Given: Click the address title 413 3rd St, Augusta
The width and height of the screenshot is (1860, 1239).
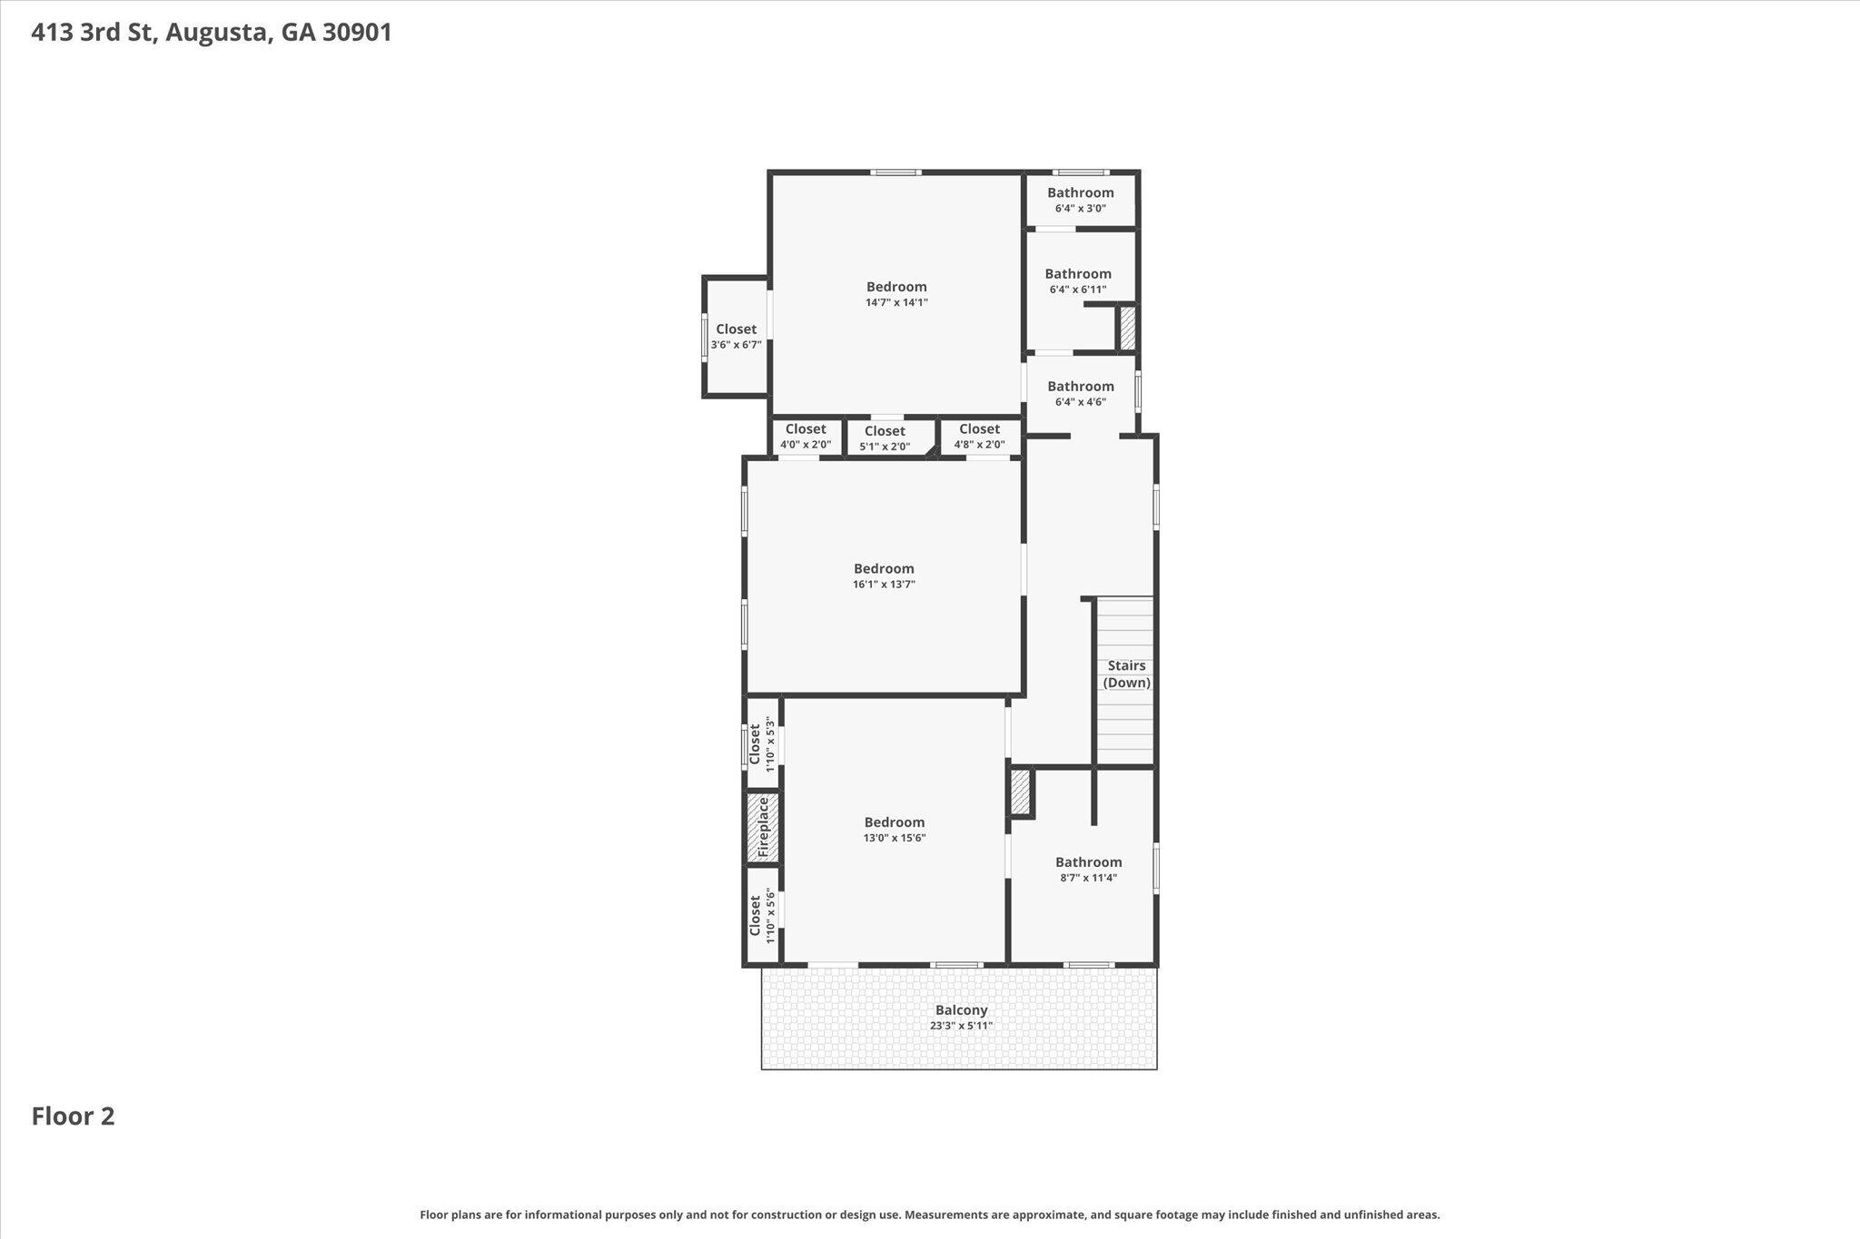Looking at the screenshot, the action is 212,33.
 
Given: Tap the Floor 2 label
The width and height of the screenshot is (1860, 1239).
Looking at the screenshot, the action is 74,1116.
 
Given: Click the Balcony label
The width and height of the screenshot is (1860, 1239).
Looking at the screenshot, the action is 961,1009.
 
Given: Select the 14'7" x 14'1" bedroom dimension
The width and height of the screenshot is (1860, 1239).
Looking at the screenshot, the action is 896,303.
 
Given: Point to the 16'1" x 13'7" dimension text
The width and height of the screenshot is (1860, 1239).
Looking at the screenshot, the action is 884,585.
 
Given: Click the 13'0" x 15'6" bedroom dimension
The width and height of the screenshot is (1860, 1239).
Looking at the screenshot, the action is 895,838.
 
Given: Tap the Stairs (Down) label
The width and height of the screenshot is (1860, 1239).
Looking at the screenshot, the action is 1127,674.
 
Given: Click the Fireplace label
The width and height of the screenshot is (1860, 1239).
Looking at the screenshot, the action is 763,827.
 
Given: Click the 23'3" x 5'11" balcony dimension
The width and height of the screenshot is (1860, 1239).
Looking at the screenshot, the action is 961,1026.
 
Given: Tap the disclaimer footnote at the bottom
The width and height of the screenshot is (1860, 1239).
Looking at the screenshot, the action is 930,1214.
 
